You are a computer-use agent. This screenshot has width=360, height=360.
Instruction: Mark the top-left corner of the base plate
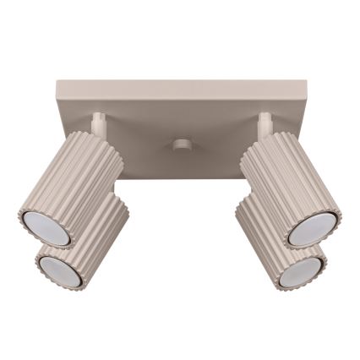57,83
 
